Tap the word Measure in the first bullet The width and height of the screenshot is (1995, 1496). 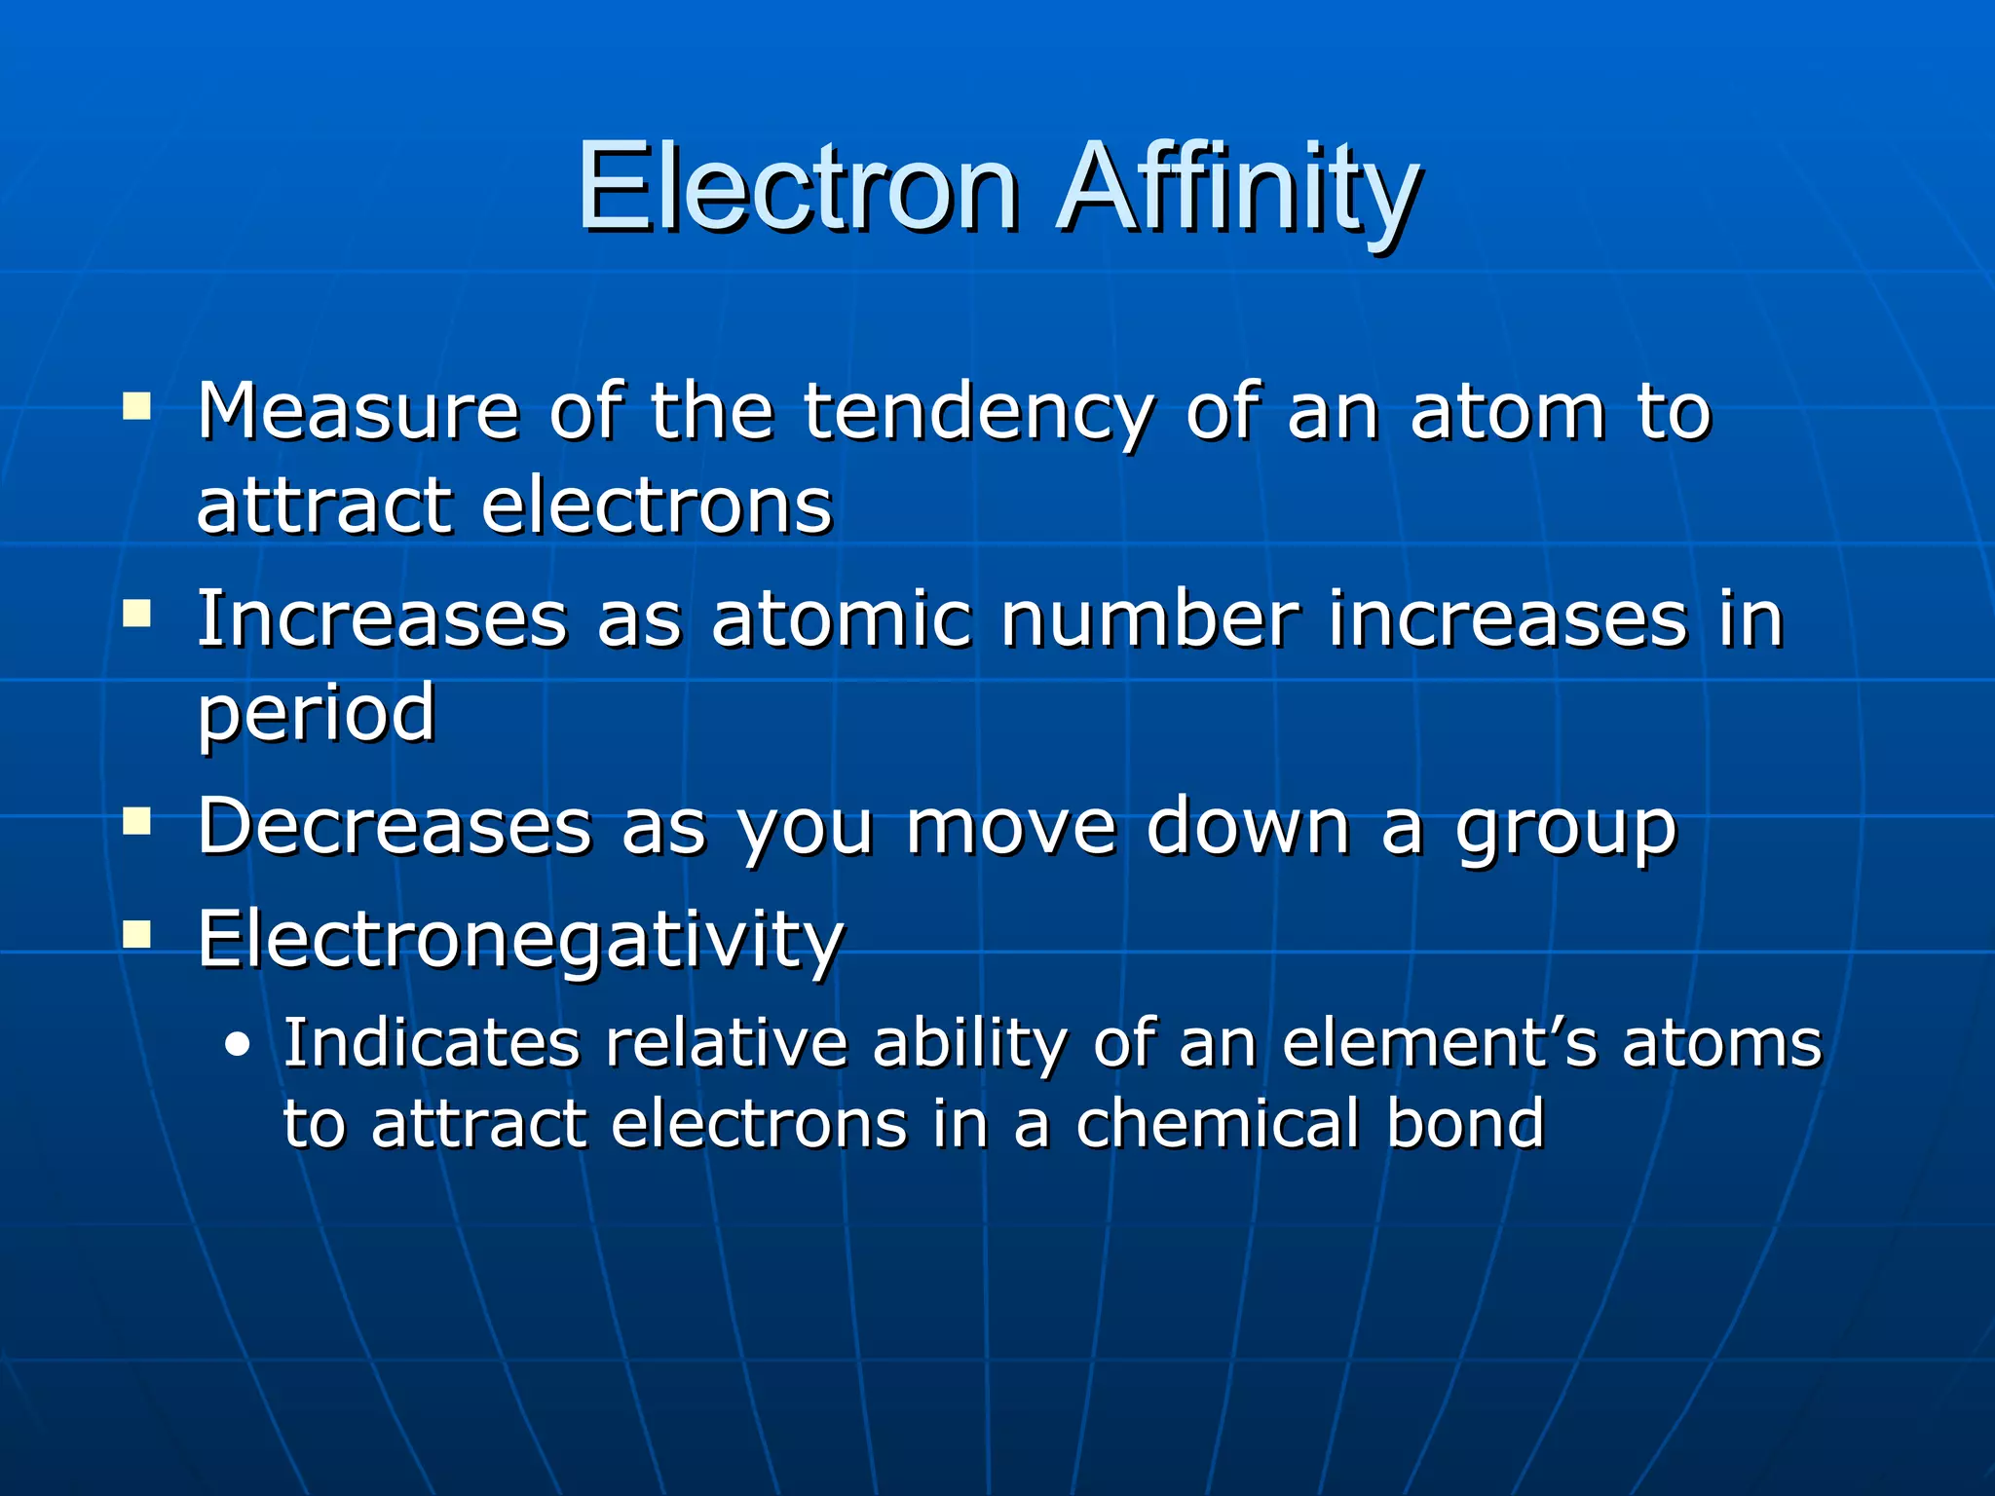pos(358,411)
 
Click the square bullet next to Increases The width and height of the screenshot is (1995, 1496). pos(137,614)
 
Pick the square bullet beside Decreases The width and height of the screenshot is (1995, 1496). pos(137,821)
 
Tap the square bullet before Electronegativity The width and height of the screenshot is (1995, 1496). pos(137,935)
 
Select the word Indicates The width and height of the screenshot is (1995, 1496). pos(432,1042)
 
